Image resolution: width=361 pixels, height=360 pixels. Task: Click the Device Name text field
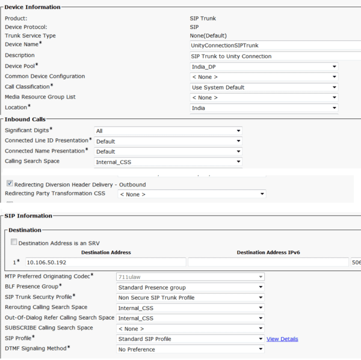pyautogui.click(x=274, y=45)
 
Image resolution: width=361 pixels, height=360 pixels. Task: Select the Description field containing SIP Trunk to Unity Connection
pyautogui.click(x=274, y=56)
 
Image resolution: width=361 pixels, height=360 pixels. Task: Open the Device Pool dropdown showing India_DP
pyautogui.click(x=264, y=67)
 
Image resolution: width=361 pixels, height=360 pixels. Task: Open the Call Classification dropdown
pyautogui.click(x=264, y=87)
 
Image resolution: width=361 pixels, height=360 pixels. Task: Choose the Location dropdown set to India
pyautogui.click(x=264, y=108)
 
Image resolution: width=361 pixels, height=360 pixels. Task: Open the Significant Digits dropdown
pyautogui.click(x=168, y=130)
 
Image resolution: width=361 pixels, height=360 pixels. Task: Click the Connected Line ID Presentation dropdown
pyautogui.click(x=168, y=141)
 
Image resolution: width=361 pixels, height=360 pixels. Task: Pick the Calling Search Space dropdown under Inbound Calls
pyautogui.click(x=168, y=162)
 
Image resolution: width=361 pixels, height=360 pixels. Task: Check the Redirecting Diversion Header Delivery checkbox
pyautogui.click(x=10, y=183)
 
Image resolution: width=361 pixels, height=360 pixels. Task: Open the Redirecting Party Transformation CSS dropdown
pyautogui.click(x=191, y=194)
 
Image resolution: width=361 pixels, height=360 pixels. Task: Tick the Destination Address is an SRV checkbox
pyautogui.click(x=14, y=242)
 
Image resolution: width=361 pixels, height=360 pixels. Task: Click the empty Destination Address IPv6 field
pyautogui.click(x=268, y=262)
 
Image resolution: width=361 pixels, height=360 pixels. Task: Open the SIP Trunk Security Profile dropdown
pyautogui.click(x=190, y=297)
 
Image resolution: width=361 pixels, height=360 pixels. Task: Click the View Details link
pyautogui.click(x=282, y=339)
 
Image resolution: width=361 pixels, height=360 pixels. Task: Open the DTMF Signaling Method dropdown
pyautogui.click(x=190, y=349)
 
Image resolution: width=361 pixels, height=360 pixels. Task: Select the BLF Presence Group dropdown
pyautogui.click(x=190, y=287)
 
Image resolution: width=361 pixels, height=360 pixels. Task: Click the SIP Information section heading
pyautogui.click(x=28, y=216)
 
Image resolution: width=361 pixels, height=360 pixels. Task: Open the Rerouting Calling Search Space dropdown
pyautogui.click(x=190, y=307)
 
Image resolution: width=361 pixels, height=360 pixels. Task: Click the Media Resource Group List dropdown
pyautogui.click(x=264, y=97)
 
